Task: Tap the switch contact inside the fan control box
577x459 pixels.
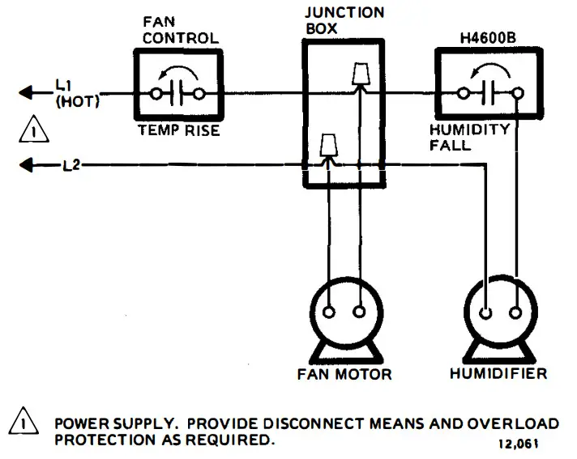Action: tap(177, 93)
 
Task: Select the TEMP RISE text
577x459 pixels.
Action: tap(177, 130)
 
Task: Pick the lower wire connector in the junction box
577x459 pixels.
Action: tap(328, 146)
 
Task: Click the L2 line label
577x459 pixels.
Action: tap(72, 165)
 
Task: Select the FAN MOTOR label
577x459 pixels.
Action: tap(344, 374)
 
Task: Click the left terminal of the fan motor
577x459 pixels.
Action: tap(330, 312)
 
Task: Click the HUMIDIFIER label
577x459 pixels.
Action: tap(498, 374)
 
